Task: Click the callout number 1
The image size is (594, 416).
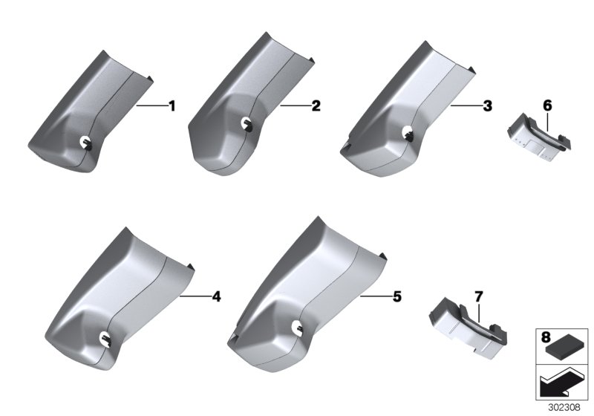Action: [x=172, y=106]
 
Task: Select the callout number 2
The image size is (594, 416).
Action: [x=316, y=106]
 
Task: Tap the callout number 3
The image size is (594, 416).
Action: [x=487, y=106]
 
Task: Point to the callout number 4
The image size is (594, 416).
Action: [x=216, y=296]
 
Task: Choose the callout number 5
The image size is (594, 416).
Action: [x=396, y=296]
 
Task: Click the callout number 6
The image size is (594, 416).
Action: [x=547, y=105]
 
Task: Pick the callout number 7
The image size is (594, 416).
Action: [x=479, y=297]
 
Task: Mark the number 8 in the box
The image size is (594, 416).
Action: [x=546, y=337]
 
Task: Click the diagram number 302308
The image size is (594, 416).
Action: [x=564, y=407]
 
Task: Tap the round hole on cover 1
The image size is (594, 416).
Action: [x=85, y=143]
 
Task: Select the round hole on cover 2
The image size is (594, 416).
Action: [x=247, y=123]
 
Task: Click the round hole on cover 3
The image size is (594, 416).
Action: [x=408, y=133]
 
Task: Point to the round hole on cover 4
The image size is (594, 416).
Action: [x=105, y=337]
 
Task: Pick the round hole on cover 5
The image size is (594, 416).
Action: [x=297, y=328]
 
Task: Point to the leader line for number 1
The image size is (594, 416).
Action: [x=152, y=106]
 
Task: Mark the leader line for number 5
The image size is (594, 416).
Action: [x=375, y=296]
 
